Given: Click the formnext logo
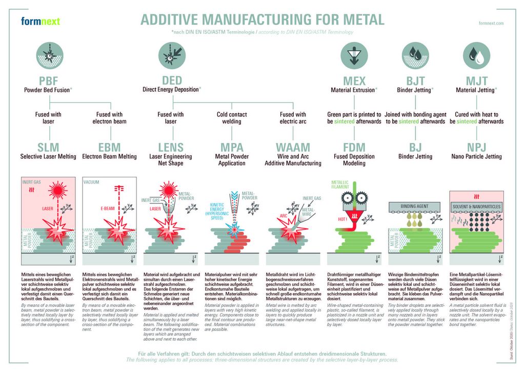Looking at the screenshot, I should tap(41, 21).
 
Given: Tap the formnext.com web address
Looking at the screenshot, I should tap(491, 24).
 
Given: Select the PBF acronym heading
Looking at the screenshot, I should tap(49, 81).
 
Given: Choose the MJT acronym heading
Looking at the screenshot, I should tap(476, 81).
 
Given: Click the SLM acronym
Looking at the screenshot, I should tap(48, 148).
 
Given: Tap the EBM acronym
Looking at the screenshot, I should tap(109, 148).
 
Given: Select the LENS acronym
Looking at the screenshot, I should tap(171, 148).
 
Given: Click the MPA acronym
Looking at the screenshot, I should tap(232, 148).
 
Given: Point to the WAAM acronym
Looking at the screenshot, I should tap(293, 148).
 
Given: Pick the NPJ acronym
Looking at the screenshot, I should tap(476, 148).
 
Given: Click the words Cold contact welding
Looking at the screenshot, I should tap(232, 118).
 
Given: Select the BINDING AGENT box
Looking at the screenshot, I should tap(415, 206).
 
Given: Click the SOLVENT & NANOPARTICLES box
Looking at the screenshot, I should tap(476, 206).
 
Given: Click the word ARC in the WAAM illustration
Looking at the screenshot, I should tap(282, 216).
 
